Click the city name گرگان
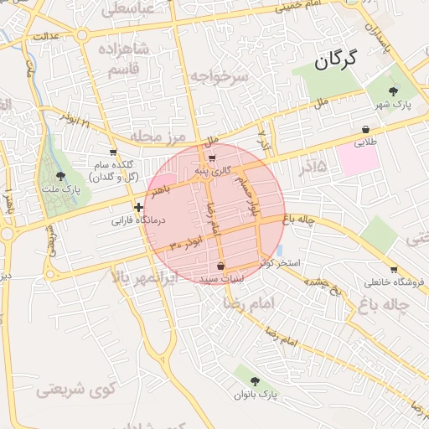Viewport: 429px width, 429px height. tap(336, 59)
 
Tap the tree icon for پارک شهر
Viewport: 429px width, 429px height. tap(394, 90)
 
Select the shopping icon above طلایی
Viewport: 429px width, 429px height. tap(366, 130)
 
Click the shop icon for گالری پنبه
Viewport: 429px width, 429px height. tap(211, 158)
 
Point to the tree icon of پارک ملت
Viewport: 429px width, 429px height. tap(59, 176)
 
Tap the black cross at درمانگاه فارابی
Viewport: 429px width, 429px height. tap(139, 207)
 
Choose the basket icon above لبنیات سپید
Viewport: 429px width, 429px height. tap(220, 265)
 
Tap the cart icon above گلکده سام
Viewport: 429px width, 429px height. tap(113, 152)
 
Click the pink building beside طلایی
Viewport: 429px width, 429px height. tap(358, 160)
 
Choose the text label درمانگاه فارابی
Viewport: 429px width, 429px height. tap(141, 221)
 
